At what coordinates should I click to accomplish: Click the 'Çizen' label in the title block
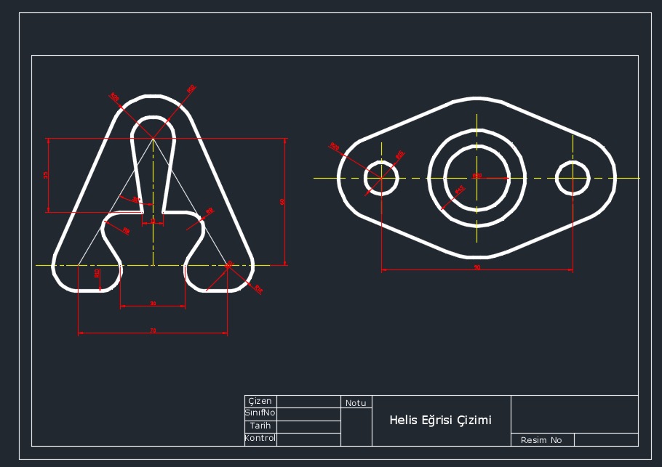tap(260, 401)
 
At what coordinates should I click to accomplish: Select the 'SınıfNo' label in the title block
tap(260, 413)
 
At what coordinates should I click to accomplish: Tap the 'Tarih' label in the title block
tap(260, 426)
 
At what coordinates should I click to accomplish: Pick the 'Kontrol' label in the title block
tap(260, 438)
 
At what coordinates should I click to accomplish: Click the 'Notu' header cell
tap(356, 402)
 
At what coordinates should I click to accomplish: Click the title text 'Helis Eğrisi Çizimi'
tap(440, 420)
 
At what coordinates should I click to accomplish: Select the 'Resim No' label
tap(541, 440)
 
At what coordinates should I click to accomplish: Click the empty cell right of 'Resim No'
tap(605, 440)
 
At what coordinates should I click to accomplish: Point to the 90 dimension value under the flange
tap(477, 267)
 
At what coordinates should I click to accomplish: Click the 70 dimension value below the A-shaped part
tap(153, 330)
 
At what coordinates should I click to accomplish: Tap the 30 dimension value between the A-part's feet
tap(153, 303)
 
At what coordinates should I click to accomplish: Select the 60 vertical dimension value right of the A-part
tap(282, 202)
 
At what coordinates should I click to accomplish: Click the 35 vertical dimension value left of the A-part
tap(46, 175)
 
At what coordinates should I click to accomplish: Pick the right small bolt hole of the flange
tap(573, 178)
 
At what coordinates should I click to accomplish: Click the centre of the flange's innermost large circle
tap(476, 178)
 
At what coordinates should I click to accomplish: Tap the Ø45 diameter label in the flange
tap(460, 190)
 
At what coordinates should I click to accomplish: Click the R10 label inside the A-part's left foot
tap(97, 273)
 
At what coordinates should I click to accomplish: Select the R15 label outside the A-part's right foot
tap(258, 289)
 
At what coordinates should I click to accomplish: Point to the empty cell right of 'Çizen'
tap(308, 401)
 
